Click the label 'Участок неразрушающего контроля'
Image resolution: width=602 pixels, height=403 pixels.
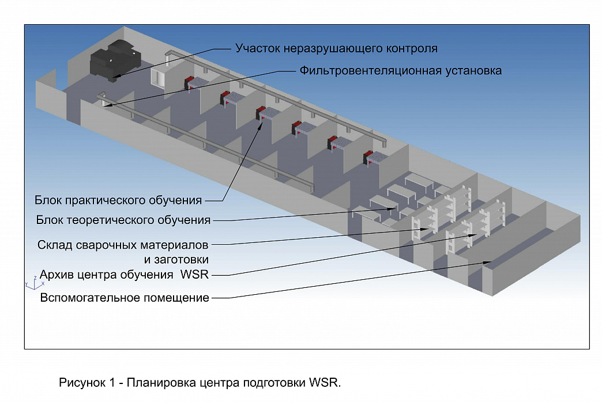point(336,48)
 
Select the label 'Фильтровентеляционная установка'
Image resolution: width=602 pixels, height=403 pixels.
point(400,71)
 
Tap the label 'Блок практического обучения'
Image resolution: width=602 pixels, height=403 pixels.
point(118,200)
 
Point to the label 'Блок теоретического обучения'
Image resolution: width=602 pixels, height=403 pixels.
point(123,219)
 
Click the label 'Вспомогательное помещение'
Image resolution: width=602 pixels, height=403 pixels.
point(124,298)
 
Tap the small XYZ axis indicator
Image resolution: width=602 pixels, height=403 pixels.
point(32,282)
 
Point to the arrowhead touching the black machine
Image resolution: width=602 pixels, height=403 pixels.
point(116,77)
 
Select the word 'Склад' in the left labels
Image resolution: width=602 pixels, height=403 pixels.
point(55,245)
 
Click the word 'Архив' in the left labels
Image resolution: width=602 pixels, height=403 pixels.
point(57,275)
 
